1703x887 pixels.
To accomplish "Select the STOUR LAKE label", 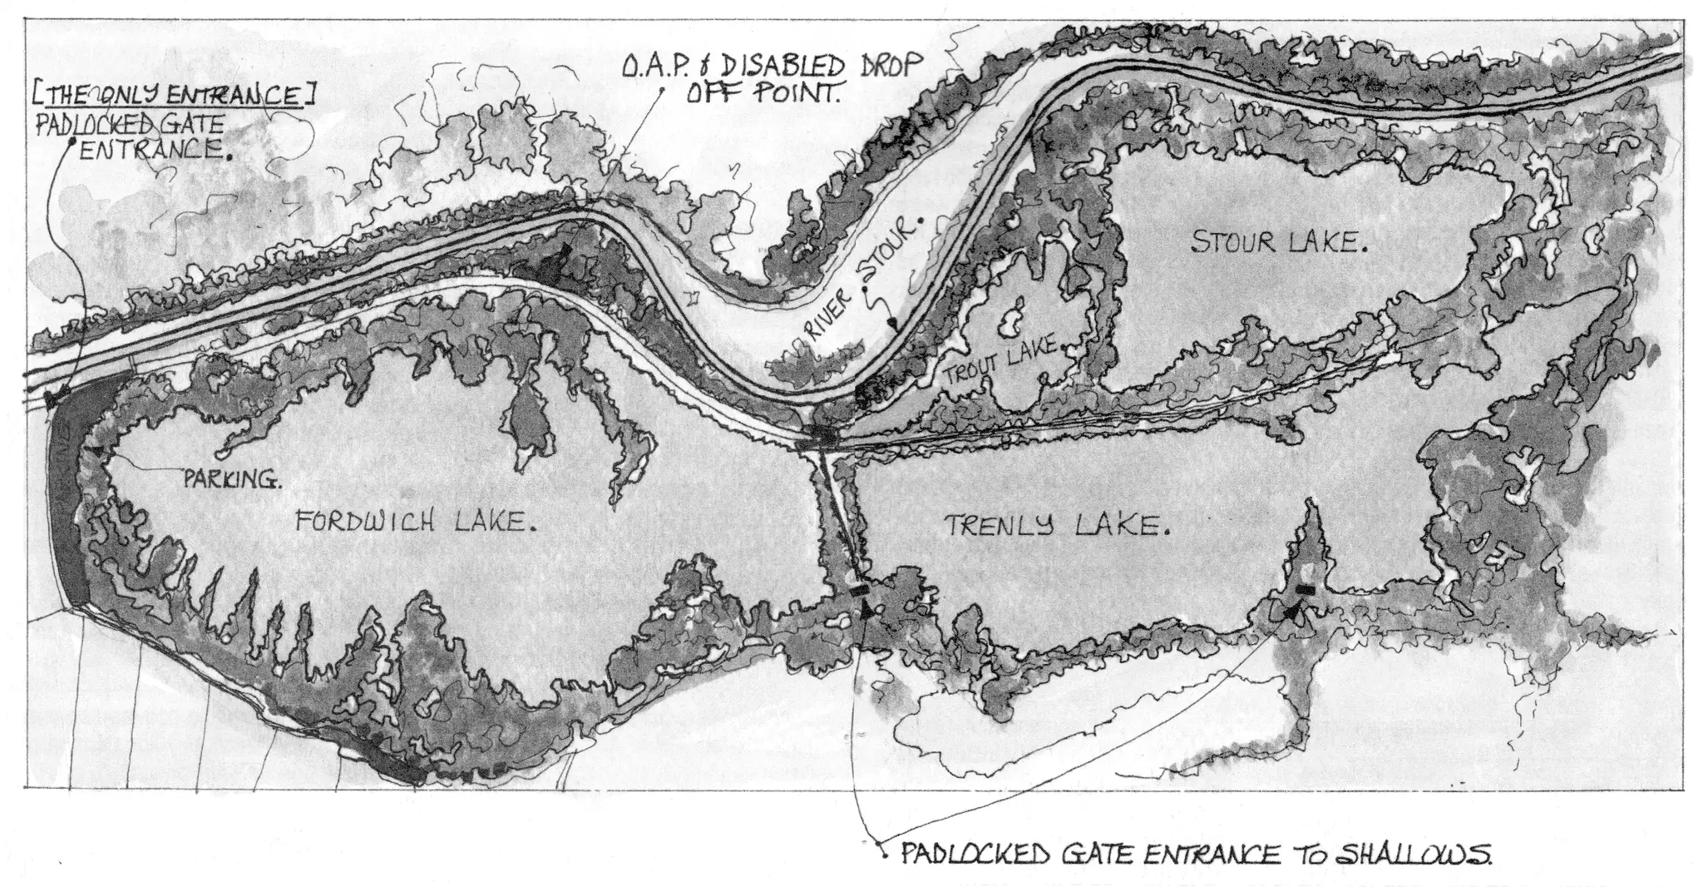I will click(1279, 242).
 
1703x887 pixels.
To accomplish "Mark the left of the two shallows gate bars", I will click(860, 591).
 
